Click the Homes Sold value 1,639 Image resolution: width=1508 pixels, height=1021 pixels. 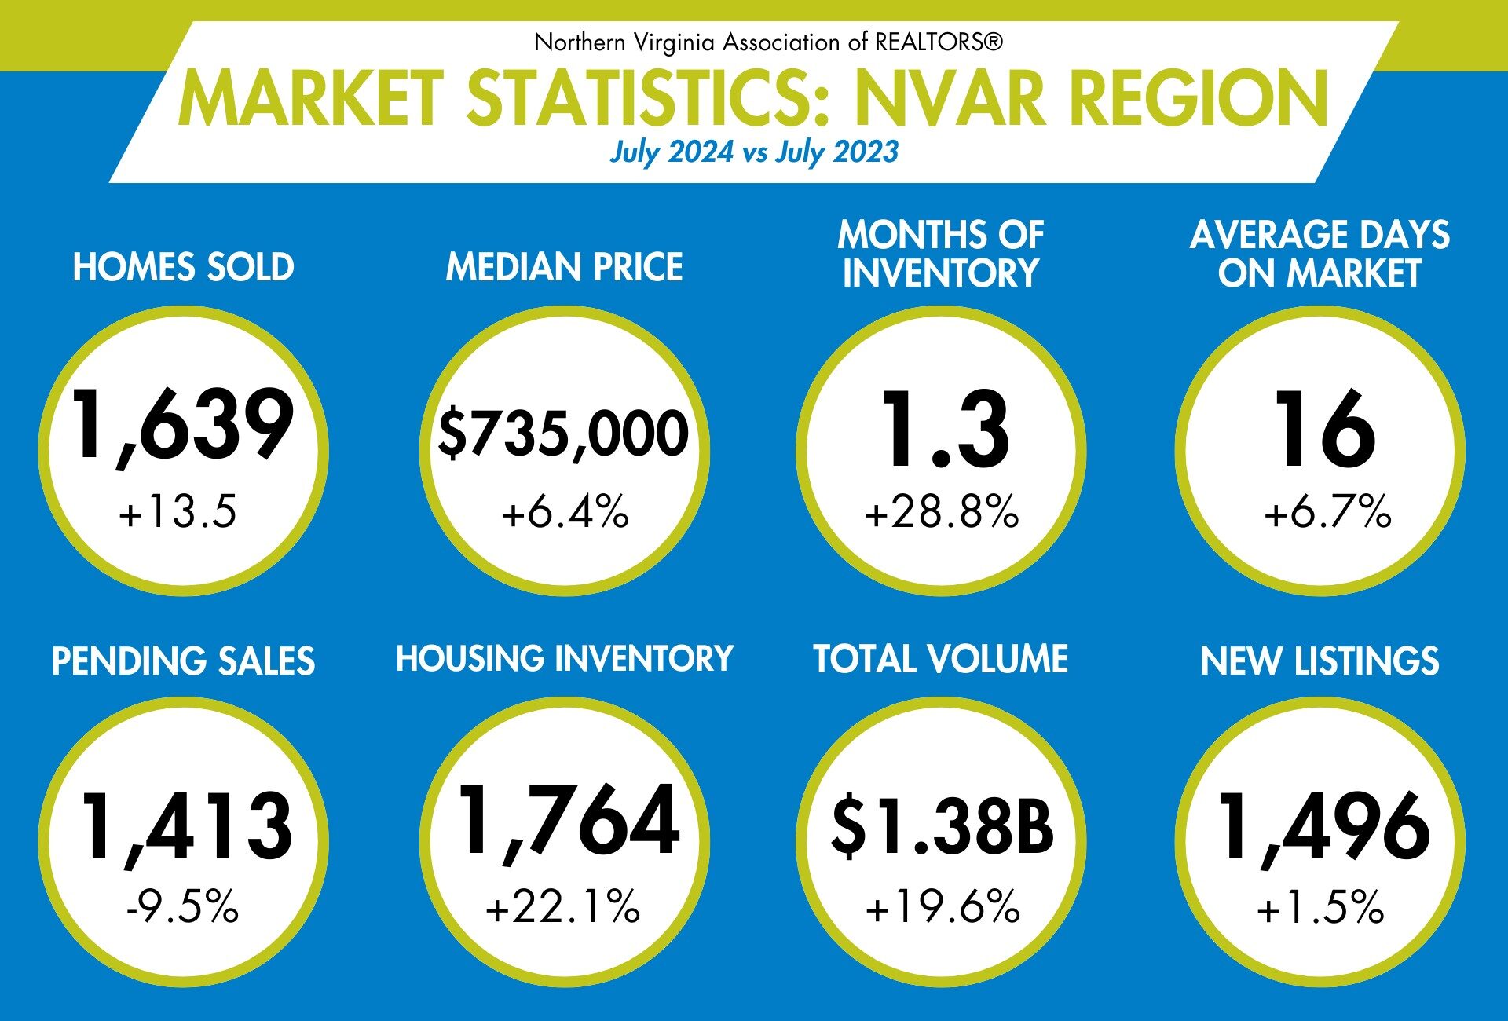[x=182, y=426]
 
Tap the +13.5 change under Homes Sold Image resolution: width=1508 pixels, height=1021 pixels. [x=178, y=511]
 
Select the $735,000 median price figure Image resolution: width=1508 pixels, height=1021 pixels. [x=563, y=433]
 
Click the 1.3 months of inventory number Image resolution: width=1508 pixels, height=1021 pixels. [x=944, y=430]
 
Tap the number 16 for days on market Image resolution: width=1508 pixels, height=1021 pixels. [x=1324, y=430]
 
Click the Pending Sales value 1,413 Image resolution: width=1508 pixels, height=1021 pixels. [x=186, y=826]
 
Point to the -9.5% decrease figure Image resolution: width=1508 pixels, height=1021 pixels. [x=182, y=906]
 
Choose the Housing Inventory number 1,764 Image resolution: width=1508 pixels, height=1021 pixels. [x=569, y=822]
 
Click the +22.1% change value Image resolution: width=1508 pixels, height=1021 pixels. [x=562, y=906]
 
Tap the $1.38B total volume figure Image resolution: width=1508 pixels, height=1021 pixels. [x=942, y=826]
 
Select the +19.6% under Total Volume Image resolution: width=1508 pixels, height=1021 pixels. [x=942, y=906]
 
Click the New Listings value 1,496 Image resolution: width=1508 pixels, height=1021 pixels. [x=1324, y=826]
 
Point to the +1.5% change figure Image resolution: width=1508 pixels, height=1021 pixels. [x=1320, y=906]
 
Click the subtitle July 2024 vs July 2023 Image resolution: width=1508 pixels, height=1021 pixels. [x=754, y=152]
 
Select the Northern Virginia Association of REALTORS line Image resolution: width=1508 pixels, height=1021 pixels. [x=768, y=42]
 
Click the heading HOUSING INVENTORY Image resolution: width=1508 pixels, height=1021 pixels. [x=564, y=659]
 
